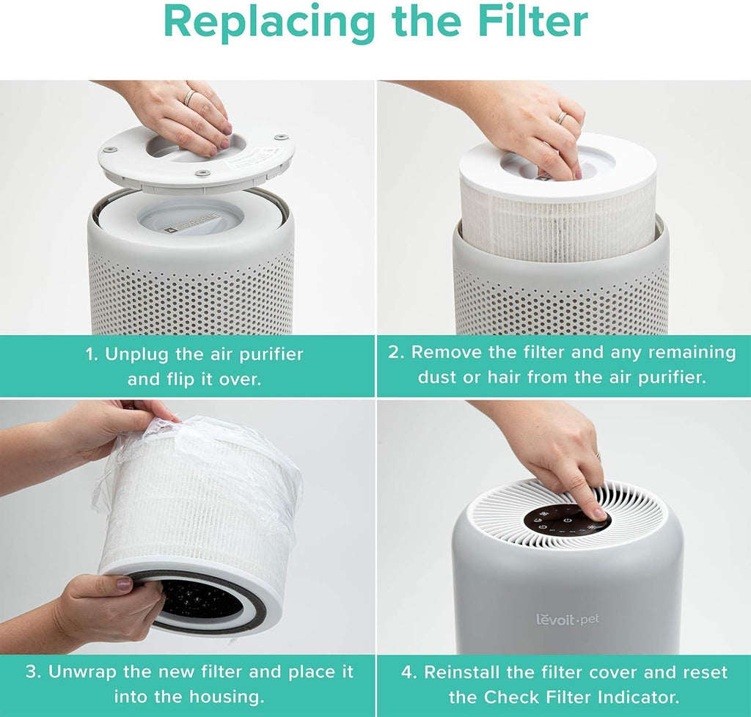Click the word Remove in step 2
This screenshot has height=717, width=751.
pos(450,352)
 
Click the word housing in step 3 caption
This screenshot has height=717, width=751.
pos(227,696)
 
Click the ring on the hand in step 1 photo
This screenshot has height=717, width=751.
pos(189,97)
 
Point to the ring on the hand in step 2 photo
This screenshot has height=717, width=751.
pos(561,117)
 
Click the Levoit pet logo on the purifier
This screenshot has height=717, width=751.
pos(567,619)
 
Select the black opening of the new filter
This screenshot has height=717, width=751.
pos(202,597)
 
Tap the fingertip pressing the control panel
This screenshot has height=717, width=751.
pos(598,512)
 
